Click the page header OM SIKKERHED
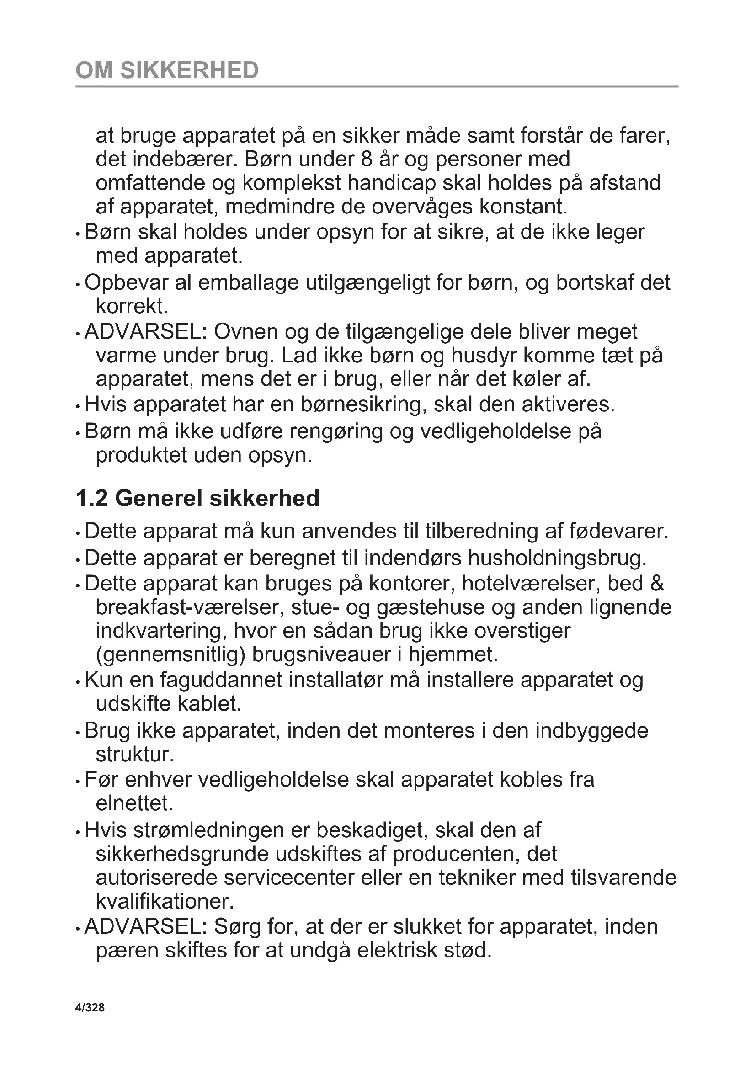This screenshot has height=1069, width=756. [167, 70]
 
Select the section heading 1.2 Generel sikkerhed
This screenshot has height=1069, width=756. [197, 498]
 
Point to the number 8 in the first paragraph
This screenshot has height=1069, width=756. [367, 159]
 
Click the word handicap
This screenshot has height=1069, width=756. [392, 183]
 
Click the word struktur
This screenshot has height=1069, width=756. [134, 754]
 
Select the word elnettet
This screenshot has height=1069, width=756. [134, 803]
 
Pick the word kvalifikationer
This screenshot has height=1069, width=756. [165, 902]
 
